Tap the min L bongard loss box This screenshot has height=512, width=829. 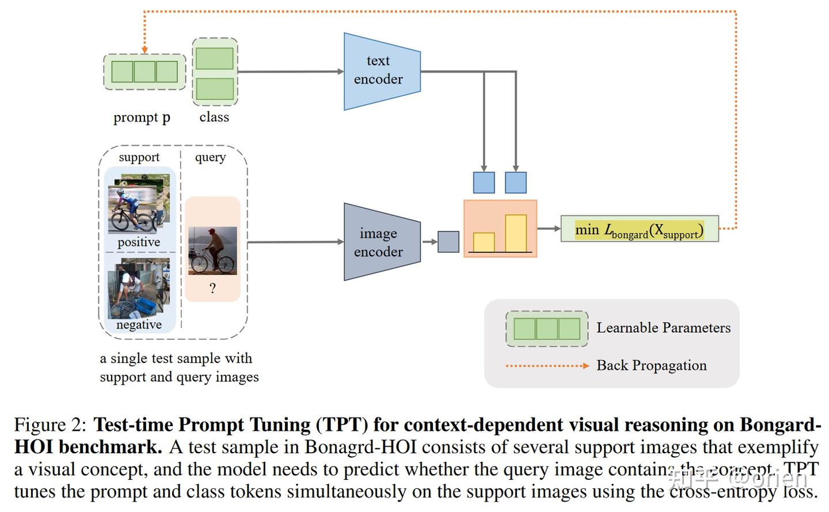[639, 229]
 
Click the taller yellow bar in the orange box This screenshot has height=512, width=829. [515, 233]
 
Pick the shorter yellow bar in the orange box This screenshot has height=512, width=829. [484, 242]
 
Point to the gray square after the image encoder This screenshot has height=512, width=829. [448, 242]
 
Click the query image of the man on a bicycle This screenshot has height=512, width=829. [212, 251]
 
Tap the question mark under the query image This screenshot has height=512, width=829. [212, 288]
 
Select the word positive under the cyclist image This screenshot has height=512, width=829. [139, 242]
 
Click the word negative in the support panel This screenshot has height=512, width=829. [139, 325]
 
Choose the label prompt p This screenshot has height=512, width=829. [142, 117]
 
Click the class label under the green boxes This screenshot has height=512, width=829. [214, 117]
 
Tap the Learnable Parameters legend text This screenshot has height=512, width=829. [663, 328]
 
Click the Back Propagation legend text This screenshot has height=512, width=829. [651, 365]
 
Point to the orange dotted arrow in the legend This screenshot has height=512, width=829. [547, 366]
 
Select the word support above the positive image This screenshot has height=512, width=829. [139, 157]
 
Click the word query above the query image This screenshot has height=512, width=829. [210, 157]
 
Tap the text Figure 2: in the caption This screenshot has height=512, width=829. [50, 424]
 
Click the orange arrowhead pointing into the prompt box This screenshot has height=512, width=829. [144, 50]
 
